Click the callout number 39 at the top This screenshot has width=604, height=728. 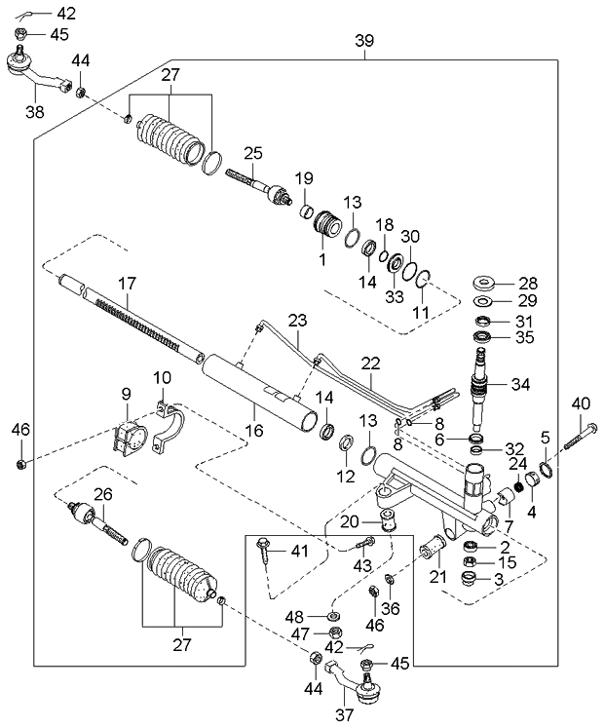point(364,41)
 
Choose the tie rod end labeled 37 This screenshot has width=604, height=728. point(362,689)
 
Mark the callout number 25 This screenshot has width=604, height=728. point(253,153)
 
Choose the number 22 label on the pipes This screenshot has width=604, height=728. point(371,364)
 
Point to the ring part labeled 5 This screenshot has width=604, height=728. point(548,471)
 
